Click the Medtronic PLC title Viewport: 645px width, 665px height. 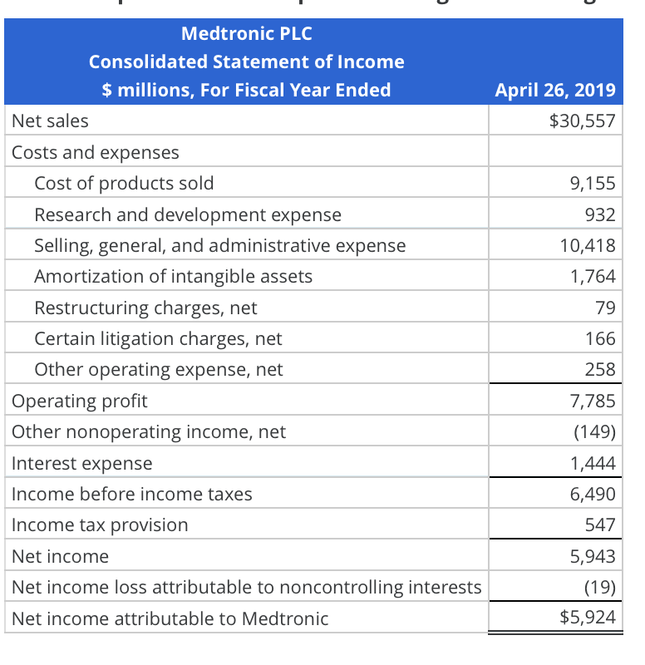[x=246, y=34]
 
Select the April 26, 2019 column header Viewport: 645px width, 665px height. [x=554, y=90]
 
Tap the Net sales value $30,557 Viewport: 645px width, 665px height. [x=582, y=121]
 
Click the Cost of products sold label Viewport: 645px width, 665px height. [x=124, y=183]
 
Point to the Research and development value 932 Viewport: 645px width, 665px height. [x=600, y=214]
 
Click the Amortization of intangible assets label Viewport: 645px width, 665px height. [x=173, y=276]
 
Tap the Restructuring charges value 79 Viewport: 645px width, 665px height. [x=605, y=308]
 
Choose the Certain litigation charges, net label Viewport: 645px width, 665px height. [x=158, y=338]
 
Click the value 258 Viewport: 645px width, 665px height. [x=600, y=369]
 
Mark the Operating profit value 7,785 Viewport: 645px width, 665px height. [x=593, y=401]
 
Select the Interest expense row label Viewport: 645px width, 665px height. [x=82, y=463]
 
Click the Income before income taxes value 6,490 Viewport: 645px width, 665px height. [x=593, y=494]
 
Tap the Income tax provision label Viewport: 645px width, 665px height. [x=100, y=525]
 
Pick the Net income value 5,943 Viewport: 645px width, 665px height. [x=593, y=556]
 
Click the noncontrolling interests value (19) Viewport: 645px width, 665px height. [x=598, y=587]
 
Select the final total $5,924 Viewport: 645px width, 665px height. [x=587, y=618]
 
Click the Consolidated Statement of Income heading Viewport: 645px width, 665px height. [x=246, y=62]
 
